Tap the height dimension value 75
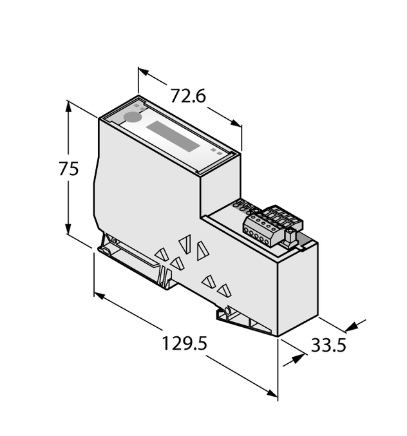68,169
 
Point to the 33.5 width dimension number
328,345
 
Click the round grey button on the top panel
131,117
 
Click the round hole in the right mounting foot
225,314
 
